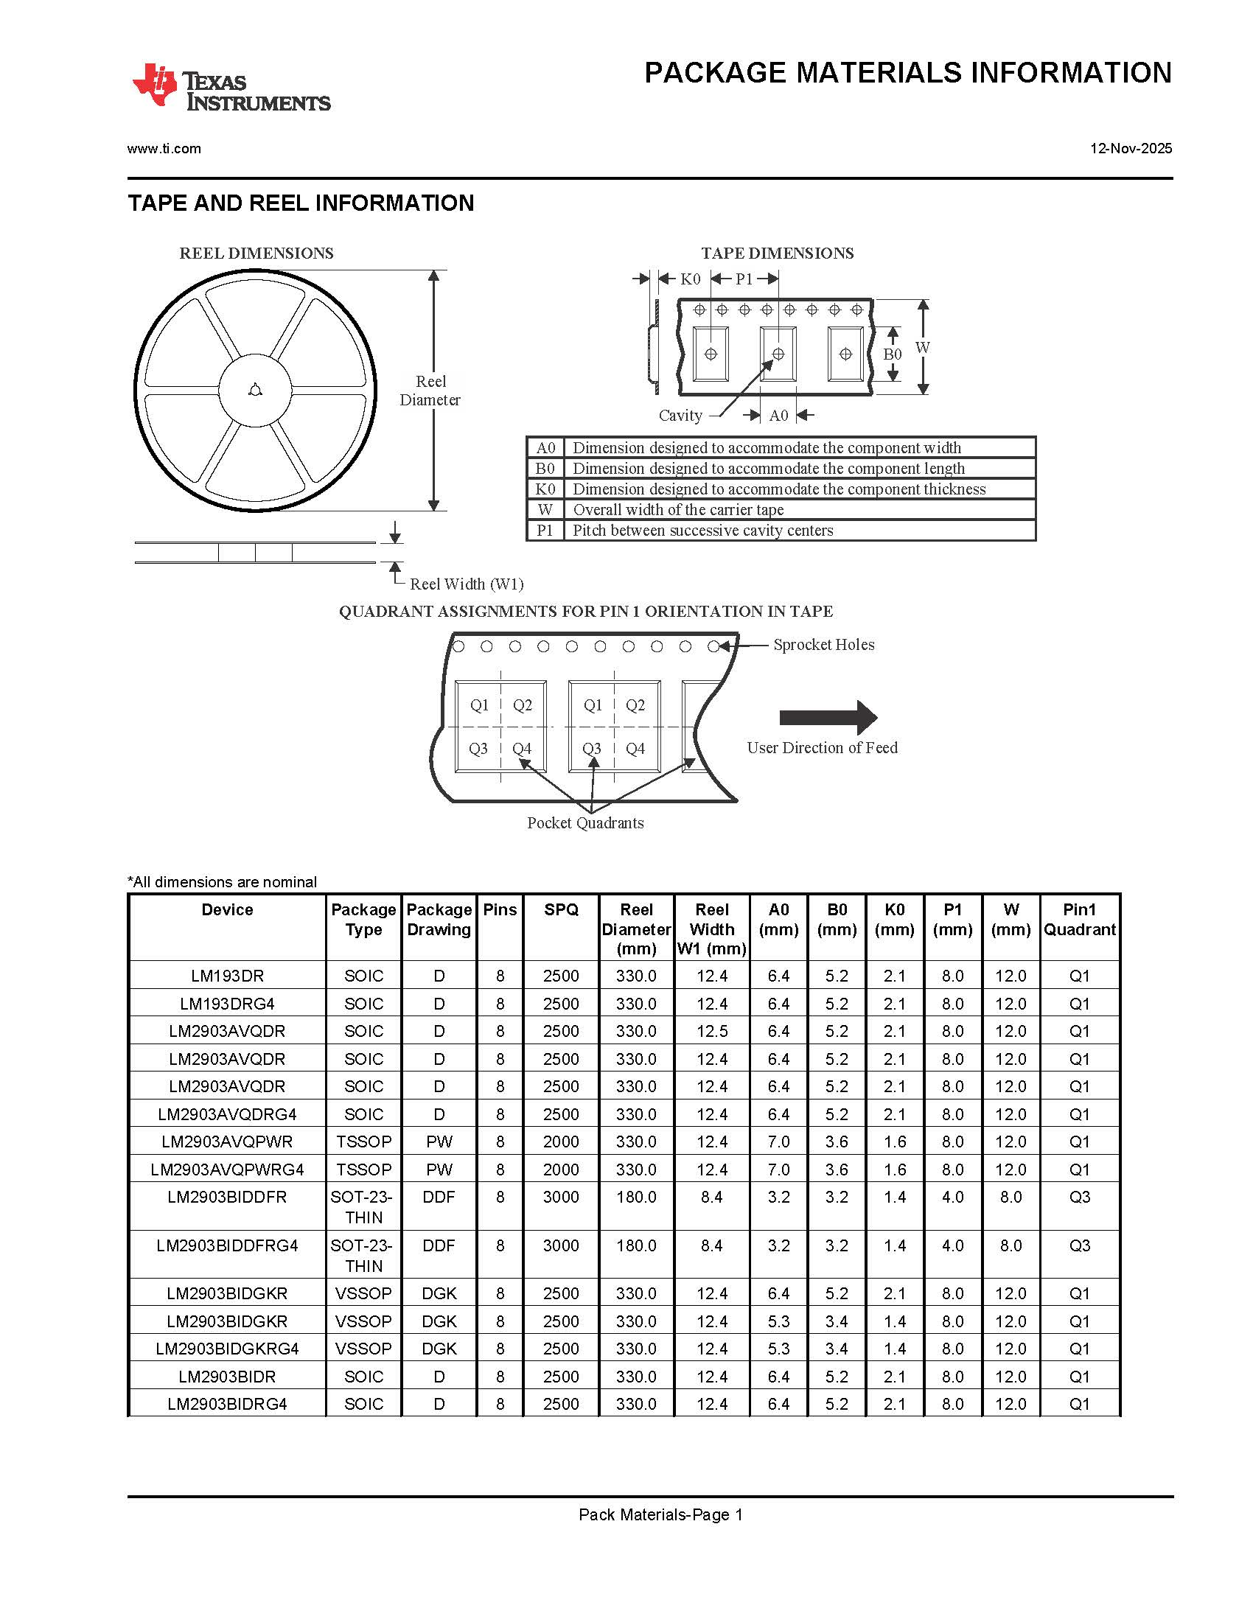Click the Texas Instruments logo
(231, 88)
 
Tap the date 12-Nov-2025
(1131, 149)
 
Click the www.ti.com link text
(164, 149)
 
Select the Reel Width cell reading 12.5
(711, 1031)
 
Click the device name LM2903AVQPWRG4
(227, 1170)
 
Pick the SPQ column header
(561, 910)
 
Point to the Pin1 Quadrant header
(1079, 920)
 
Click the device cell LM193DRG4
(227, 1004)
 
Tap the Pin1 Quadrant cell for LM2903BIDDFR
(1079, 1198)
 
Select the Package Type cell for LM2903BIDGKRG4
(363, 1349)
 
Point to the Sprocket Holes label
(824, 645)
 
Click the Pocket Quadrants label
(585, 823)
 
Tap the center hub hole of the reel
(255, 391)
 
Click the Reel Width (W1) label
(467, 584)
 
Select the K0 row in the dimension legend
(780, 489)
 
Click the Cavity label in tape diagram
(680, 416)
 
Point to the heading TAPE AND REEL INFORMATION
(301, 203)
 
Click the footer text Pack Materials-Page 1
(660, 1514)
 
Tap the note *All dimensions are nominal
(222, 881)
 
